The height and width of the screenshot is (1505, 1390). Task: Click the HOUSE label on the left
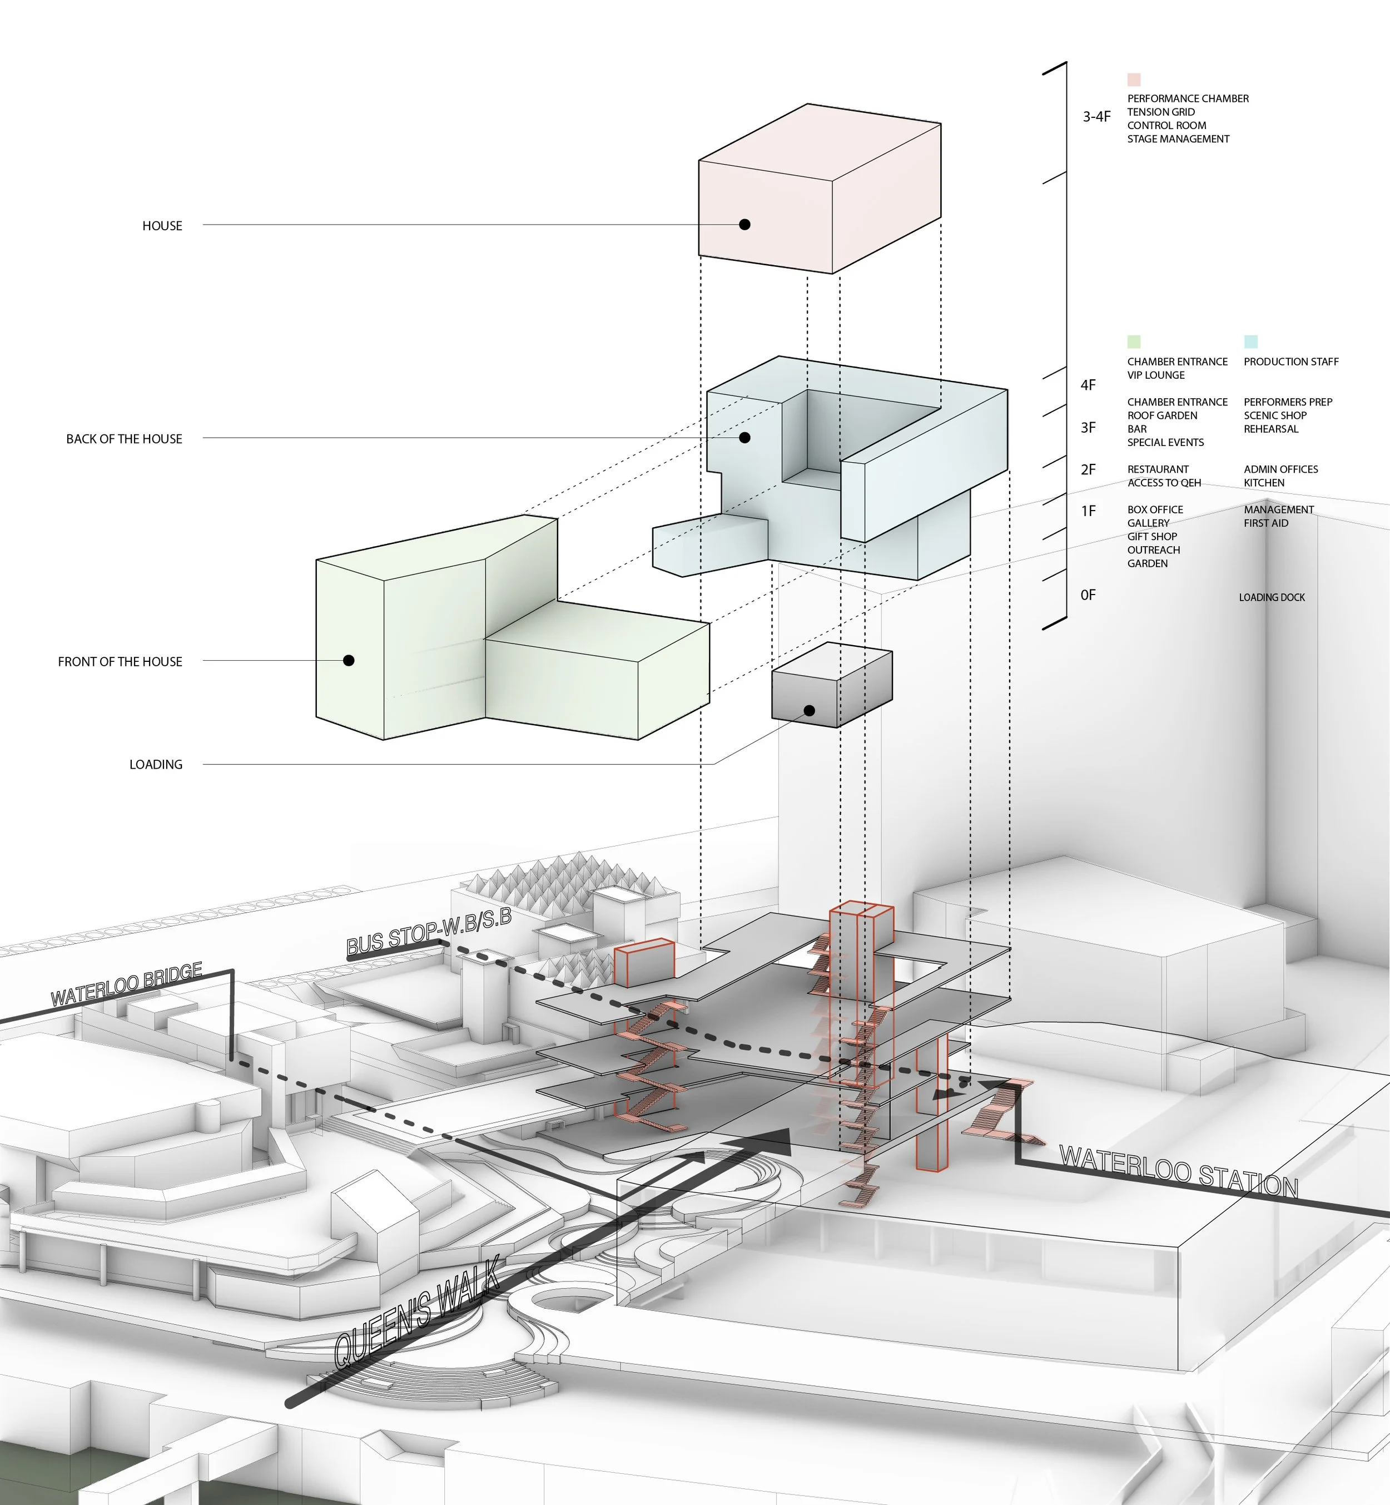click(x=162, y=226)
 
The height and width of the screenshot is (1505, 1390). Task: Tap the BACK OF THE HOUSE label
click(x=124, y=439)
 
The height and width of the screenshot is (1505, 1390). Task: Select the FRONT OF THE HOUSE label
click(x=120, y=661)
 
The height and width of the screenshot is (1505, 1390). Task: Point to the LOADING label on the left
click(x=156, y=765)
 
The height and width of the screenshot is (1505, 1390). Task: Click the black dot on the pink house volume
click(x=744, y=224)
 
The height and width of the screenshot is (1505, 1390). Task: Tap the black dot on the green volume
click(x=348, y=660)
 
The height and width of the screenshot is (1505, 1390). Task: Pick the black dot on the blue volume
click(x=744, y=437)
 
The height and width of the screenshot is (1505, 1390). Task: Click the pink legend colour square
click(x=1134, y=80)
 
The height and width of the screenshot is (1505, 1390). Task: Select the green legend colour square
click(x=1134, y=341)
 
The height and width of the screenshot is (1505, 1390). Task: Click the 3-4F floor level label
click(x=1096, y=117)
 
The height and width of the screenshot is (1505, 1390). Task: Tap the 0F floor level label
click(x=1088, y=595)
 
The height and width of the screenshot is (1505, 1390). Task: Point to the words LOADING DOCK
click(x=1272, y=597)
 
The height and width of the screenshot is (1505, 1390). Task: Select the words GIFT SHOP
click(x=1151, y=537)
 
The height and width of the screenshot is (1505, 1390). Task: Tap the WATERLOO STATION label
click(x=1178, y=1172)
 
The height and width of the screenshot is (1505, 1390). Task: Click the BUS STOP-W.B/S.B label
click(x=429, y=932)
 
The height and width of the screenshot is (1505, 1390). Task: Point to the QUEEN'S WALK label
click(x=416, y=1313)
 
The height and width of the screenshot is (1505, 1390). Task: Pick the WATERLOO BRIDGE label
click(x=126, y=984)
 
